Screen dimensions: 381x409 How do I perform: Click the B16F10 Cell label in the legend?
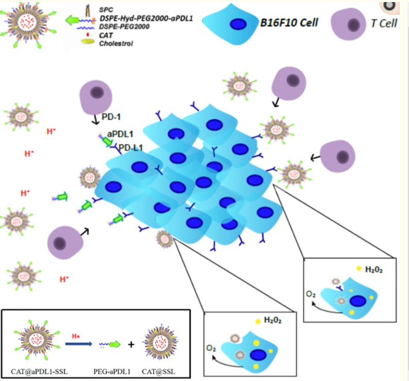pyautogui.click(x=289, y=22)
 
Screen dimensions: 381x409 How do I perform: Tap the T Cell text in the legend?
pyautogui.click(x=384, y=24)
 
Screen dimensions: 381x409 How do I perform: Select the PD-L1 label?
pyautogui.click(x=131, y=148)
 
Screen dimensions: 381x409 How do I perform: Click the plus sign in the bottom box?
pyautogui.click(x=131, y=344)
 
